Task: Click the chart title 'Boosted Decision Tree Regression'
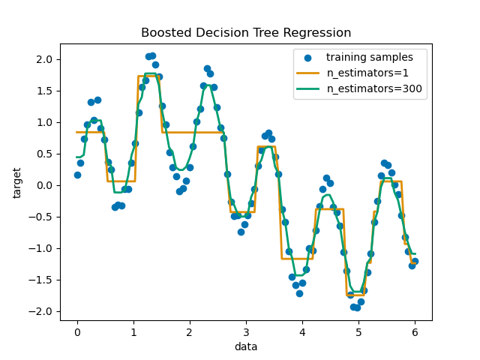(x=246, y=33)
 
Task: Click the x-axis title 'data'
(x=246, y=346)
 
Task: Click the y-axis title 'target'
(x=16, y=182)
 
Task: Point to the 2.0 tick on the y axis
(x=44, y=59)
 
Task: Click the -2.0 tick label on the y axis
(x=41, y=311)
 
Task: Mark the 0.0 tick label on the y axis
(x=44, y=185)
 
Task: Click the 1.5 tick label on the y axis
(x=44, y=91)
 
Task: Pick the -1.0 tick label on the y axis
(x=41, y=248)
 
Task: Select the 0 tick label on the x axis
(x=77, y=331)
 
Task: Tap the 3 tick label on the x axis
(x=246, y=331)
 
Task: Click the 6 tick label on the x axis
(x=415, y=331)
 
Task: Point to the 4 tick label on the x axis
(x=302, y=331)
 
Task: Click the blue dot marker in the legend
(x=308, y=57)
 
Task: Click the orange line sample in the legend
(x=308, y=73)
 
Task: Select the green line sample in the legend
(x=308, y=88)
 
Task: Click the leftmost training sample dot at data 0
(x=77, y=175)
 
